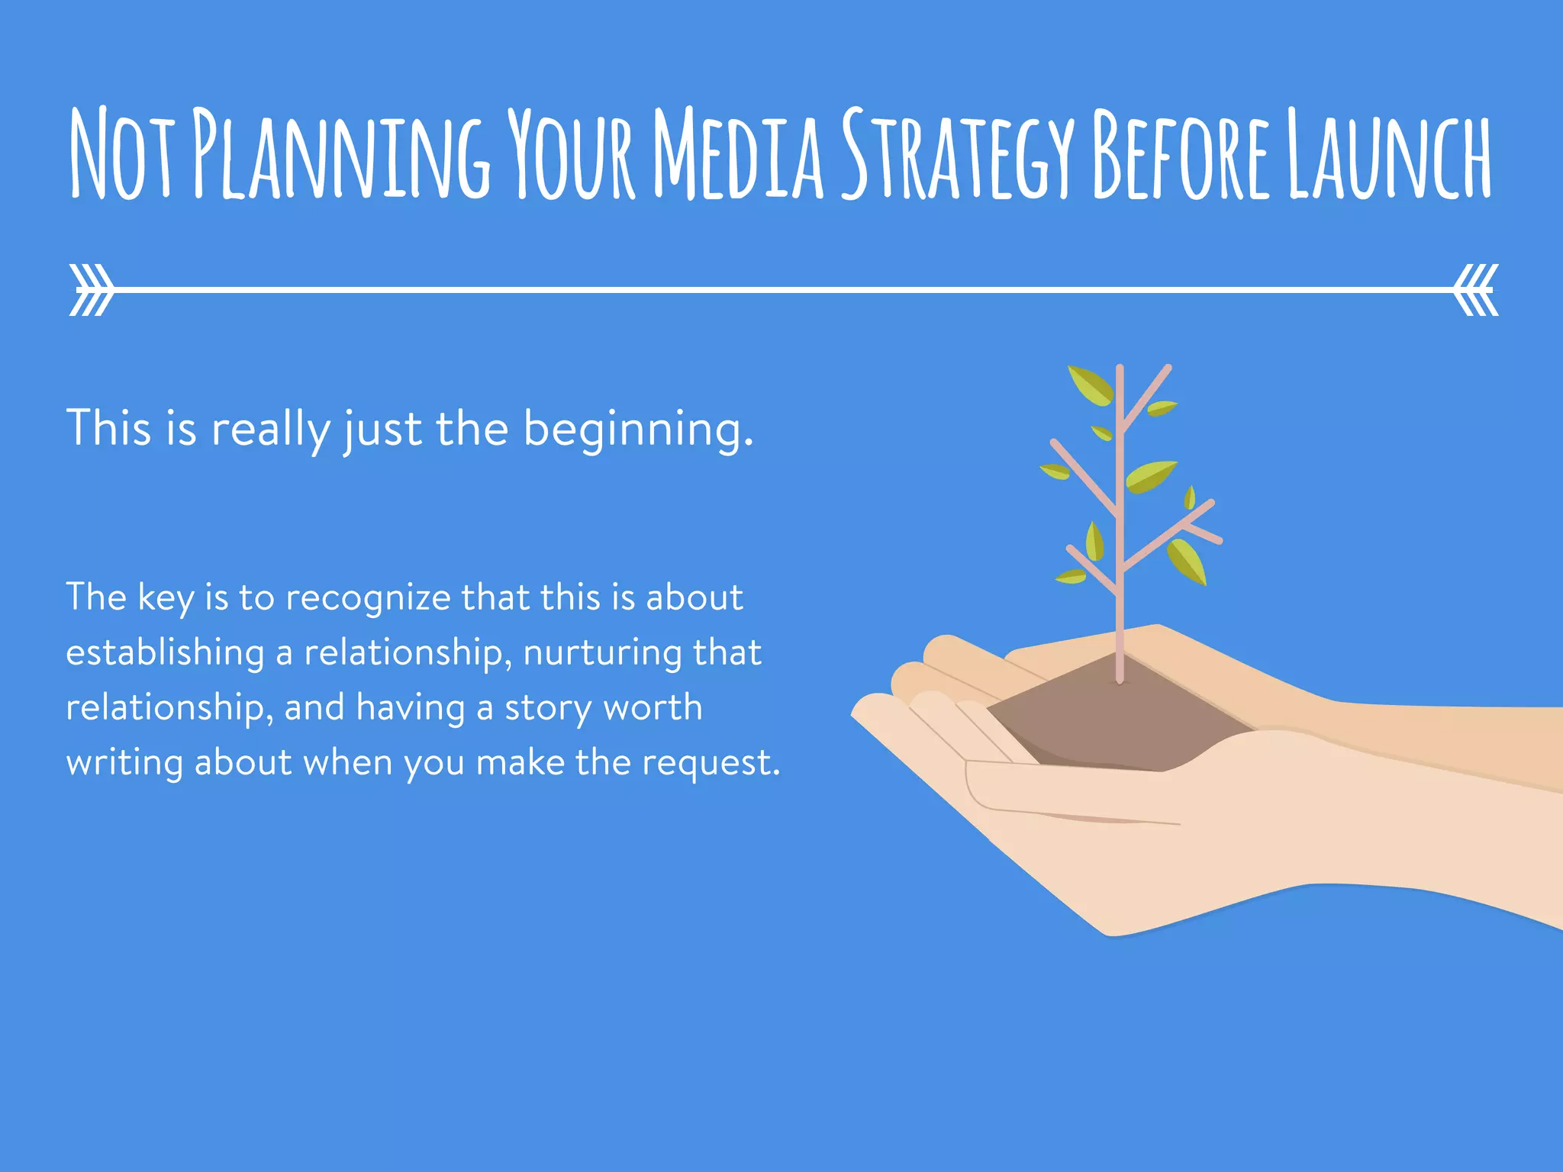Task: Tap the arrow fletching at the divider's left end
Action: (x=91, y=290)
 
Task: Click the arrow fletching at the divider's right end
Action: (x=1477, y=290)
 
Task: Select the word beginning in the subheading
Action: (x=638, y=430)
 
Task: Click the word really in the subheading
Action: (x=271, y=430)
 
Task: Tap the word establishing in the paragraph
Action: (x=165, y=653)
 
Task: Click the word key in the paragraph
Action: (x=166, y=598)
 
